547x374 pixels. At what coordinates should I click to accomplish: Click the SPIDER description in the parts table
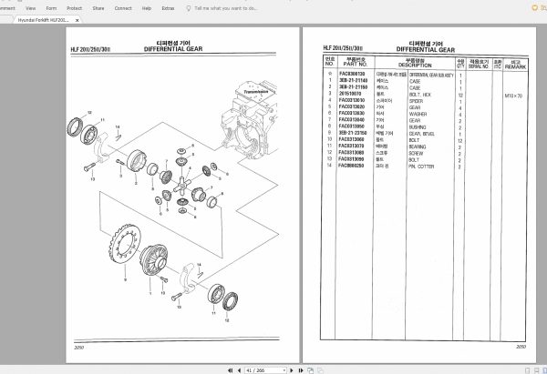(x=414, y=100)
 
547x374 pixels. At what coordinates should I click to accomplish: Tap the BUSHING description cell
(x=416, y=127)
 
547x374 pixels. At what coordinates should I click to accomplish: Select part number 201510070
(x=351, y=95)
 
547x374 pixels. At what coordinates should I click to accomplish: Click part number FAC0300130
(x=352, y=75)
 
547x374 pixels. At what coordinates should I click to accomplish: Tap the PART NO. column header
(x=352, y=64)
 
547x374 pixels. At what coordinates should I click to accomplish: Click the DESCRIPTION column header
(x=415, y=64)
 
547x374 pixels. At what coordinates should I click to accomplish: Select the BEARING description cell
(x=415, y=147)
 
